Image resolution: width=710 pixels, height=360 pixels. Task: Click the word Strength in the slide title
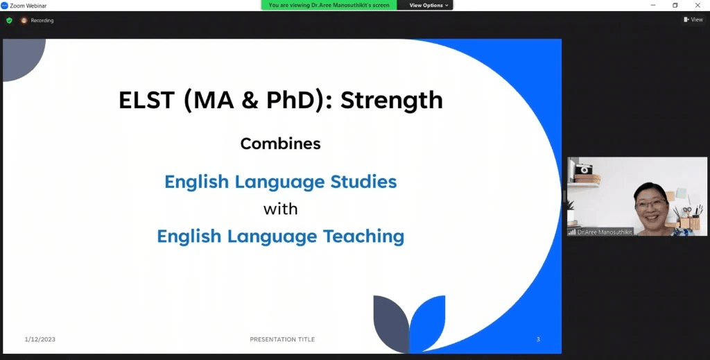pos(391,100)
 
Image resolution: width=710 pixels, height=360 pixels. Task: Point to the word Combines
pos(280,144)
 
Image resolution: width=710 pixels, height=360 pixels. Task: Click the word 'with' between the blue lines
pos(280,208)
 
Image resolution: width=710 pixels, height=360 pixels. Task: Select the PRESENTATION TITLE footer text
pos(282,339)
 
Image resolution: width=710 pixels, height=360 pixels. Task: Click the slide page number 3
pos(538,339)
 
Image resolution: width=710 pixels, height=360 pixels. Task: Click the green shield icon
pos(9,20)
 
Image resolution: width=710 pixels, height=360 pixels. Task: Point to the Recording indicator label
pos(42,20)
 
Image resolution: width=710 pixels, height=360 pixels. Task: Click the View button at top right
pos(693,19)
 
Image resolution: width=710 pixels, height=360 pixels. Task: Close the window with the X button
pos(698,5)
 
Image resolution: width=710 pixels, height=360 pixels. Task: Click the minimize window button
pos(652,5)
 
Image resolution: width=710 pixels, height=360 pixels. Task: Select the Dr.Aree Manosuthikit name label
pos(605,232)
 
